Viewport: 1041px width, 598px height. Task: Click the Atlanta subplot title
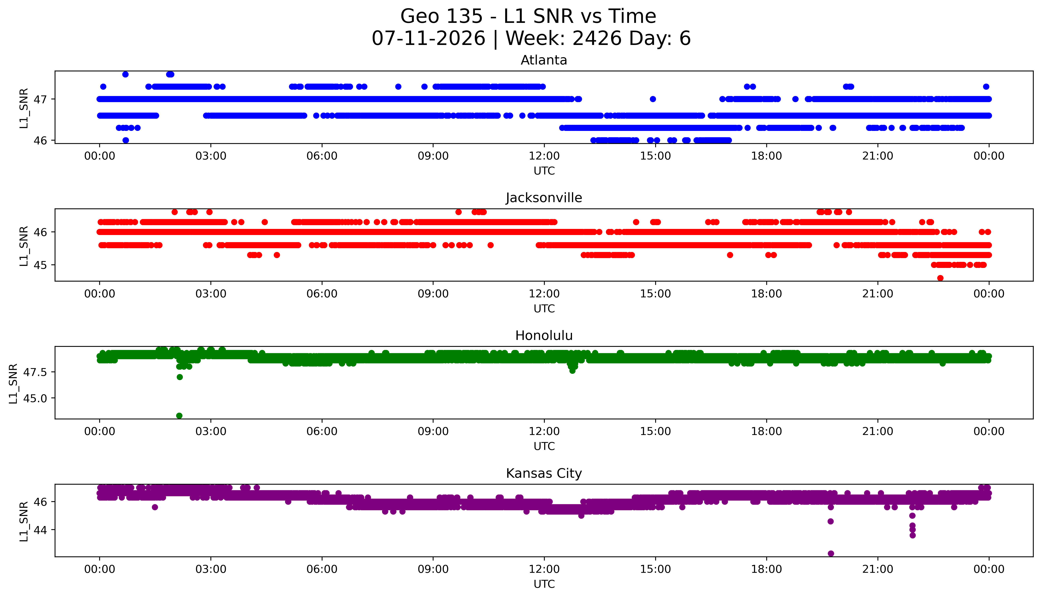pos(544,60)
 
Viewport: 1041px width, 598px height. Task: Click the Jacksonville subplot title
pos(544,198)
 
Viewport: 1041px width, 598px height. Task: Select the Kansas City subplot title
pos(544,474)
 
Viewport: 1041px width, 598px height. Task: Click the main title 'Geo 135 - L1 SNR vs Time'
pos(528,16)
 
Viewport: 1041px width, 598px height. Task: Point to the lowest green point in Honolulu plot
pos(179,416)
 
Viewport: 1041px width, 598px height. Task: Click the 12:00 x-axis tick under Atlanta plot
pos(544,156)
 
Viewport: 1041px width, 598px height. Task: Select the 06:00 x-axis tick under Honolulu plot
pos(322,432)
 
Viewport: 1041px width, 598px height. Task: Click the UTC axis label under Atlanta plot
pos(544,171)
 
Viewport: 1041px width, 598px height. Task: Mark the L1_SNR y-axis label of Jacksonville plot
pos(24,246)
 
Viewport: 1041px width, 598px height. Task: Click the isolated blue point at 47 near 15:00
pos(653,99)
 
